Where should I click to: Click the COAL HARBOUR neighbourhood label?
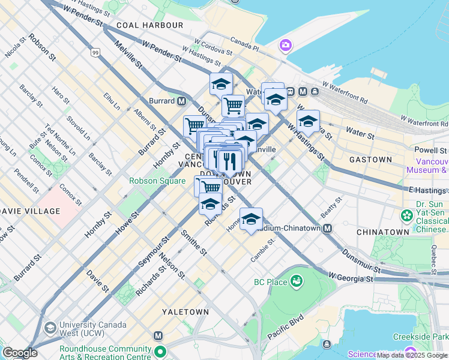pos(149,25)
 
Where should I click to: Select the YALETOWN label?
pos(185,312)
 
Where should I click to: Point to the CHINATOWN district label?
pos(382,232)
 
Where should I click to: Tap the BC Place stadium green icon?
pos(296,281)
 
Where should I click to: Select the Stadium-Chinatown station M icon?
pos(327,228)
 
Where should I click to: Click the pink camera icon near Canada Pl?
pos(285,45)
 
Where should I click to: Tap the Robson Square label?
pos(149,180)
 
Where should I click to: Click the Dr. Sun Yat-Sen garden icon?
pos(406,215)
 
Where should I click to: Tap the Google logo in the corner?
pos(19,353)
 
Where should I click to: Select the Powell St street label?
pos(430,150)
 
